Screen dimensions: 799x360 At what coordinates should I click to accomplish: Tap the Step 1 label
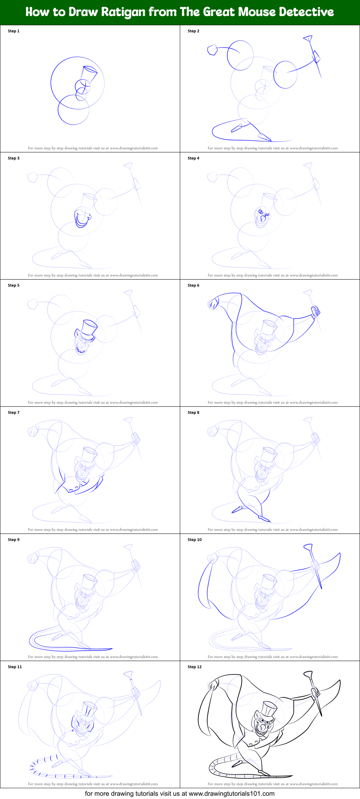(x=14, y=31)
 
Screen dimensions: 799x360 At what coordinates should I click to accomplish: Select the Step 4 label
(x=194, y=158)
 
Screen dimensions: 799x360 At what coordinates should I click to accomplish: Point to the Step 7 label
(x=14, y=412)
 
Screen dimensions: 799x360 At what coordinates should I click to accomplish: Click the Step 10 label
(x=195, y=540)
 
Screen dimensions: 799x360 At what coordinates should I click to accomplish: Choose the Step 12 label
(x=195, y=667)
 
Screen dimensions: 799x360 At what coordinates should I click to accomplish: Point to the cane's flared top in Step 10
(x=308, y=548)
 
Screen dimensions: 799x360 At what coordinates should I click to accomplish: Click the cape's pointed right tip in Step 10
(x=339, y=554)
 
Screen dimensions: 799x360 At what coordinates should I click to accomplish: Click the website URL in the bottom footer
(x=231, y=794)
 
